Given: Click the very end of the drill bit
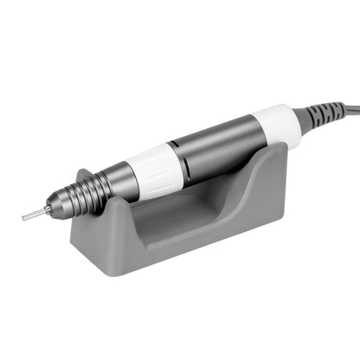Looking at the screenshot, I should point(24,217).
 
